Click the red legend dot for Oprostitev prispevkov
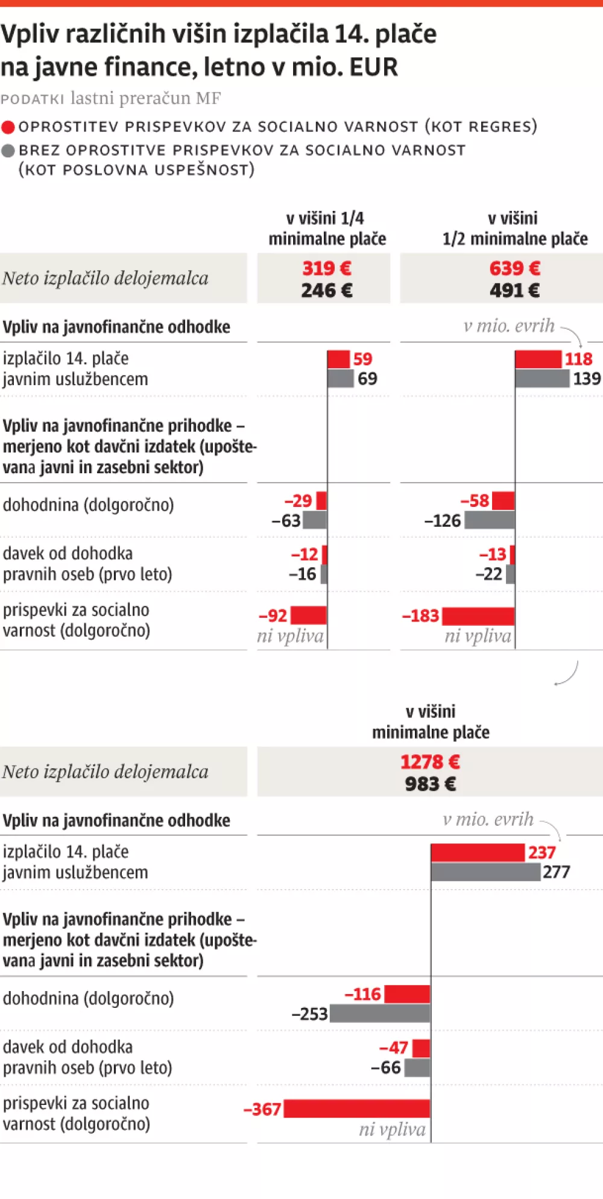8,127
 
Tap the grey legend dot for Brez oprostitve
8,151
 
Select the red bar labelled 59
338,359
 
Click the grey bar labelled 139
542,379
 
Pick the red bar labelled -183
478,616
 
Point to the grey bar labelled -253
380,1013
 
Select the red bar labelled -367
357,1109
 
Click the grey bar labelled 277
485,872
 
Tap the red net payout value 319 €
326,268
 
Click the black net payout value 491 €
514,291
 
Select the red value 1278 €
430,762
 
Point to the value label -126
443,521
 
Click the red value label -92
273,616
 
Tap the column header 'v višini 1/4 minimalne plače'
327,228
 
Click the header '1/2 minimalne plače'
514,239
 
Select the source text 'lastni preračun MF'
145,98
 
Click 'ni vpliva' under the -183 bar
478,637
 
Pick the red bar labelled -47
421,1048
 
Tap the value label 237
541,852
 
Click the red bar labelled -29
321,501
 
